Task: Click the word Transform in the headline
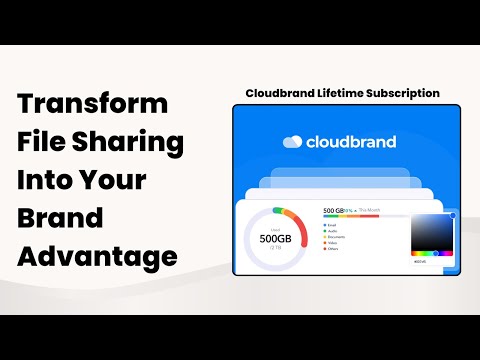[x=94, y=105]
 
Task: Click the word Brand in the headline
[x=61, y=219]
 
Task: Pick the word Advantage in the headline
[x=98, y=257]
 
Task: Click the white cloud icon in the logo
[x=292, y=141]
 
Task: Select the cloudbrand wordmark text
[x=353, y=141]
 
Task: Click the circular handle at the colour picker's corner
[x=453, y=215]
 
